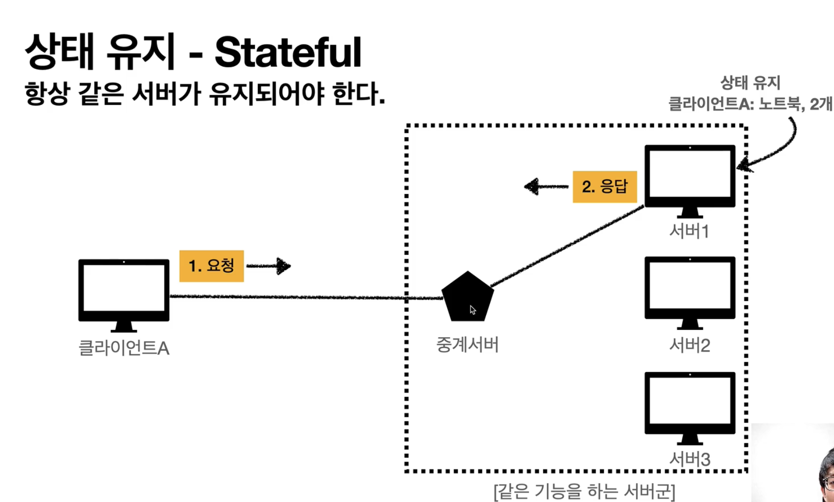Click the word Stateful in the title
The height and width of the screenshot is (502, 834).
288,53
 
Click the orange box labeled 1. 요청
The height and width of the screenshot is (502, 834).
211,266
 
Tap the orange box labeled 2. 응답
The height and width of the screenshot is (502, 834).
604,187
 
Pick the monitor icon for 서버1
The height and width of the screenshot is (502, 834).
689,178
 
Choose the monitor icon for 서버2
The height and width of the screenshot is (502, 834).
689,289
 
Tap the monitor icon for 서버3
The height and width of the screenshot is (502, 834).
689,405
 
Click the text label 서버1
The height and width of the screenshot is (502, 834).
689,231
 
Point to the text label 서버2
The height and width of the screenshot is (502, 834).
689,345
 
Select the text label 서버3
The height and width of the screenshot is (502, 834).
689,459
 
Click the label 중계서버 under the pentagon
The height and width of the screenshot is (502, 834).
467,345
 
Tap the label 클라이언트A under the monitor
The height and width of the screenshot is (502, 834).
124,348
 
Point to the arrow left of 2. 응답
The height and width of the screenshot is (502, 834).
545,186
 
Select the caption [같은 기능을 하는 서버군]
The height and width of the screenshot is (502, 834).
584,491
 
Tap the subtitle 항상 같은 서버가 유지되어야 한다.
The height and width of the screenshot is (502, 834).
204,93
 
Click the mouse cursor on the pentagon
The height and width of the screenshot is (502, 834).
472,310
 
